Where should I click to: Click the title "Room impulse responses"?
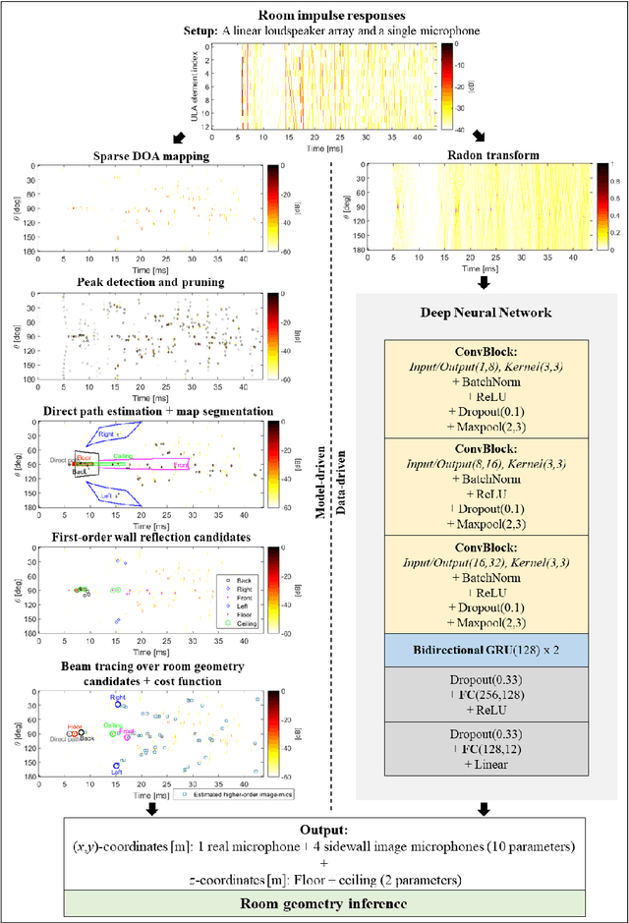point(314,15)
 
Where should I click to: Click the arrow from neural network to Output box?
point(483,809)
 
